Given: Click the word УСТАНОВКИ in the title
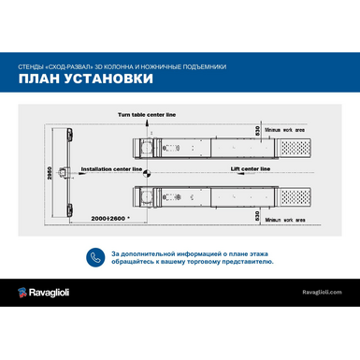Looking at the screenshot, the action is pos(107,80).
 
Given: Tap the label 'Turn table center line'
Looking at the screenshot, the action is pos(147,113).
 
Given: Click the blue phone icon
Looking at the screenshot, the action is pos(94,257).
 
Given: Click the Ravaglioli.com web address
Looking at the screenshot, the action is pos(322,293).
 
